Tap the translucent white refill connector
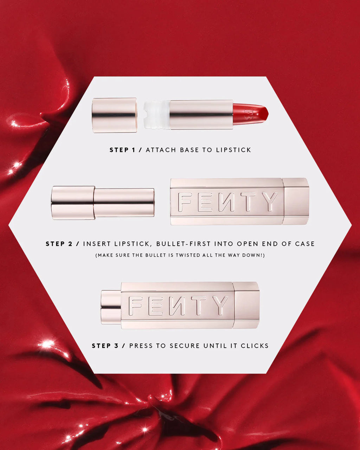(x=157, y=115)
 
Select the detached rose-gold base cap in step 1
(x=114, y=115)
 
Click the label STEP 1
(x=122, y=150)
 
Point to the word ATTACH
(x=161, y=150)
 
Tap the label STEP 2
(x=59, y=244)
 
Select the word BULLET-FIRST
(x=183, y=244)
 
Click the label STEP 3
(x=105, y=346)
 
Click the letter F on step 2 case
(x=185, y=202)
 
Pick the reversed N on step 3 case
(x=177, y=306)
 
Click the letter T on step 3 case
(x=198, y=306)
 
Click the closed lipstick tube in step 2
(x=103, y=202)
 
